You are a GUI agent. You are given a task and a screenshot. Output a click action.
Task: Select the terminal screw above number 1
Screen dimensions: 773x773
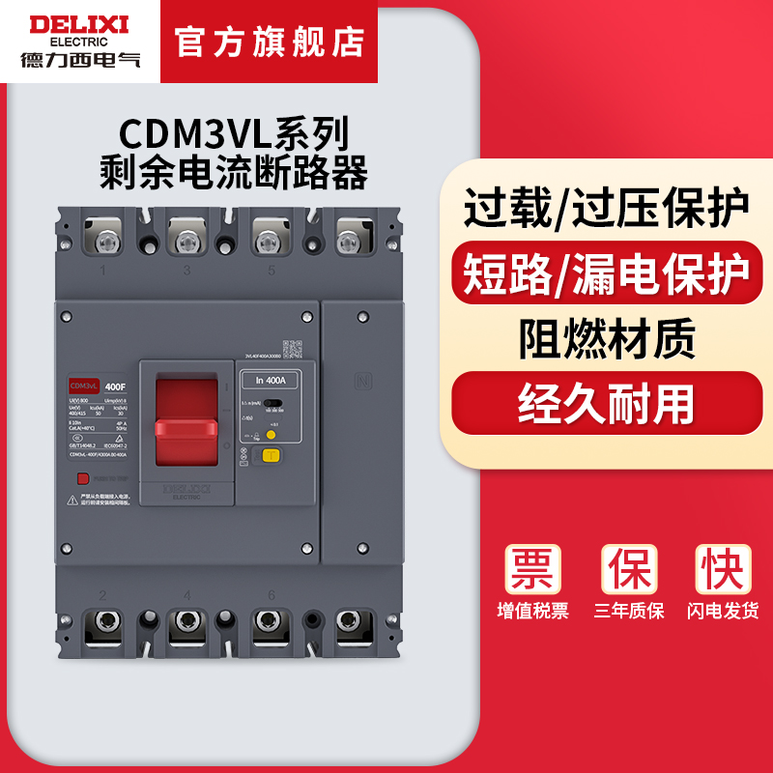[x=101, y=237]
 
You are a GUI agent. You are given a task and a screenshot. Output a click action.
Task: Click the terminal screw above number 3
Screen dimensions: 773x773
[x=186, y=237]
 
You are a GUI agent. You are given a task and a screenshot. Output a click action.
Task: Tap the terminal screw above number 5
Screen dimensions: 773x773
[x=271, y=237]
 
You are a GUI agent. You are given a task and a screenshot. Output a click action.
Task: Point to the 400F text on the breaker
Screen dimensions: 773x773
[x=115, y=386]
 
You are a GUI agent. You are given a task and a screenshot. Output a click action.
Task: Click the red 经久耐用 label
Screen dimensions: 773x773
[x=607, y=398]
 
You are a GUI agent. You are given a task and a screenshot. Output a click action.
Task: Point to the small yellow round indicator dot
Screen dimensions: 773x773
[x=271, y=434]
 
